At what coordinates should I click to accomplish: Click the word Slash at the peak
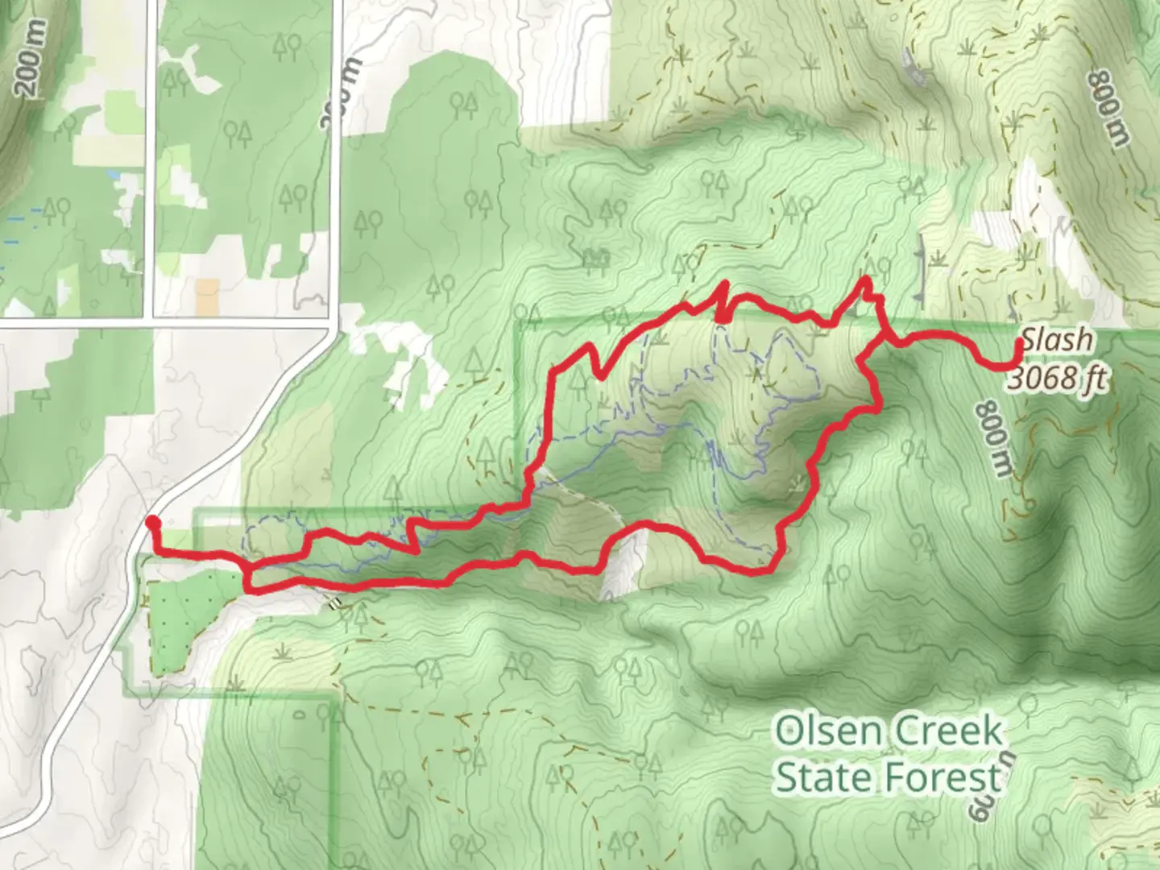click(x=1057, y=340)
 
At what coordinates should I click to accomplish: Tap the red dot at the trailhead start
click(x=151, y=524)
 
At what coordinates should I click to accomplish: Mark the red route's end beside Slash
click(x=1019, y=342)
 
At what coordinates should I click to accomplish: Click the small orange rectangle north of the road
click(x=207, y=296)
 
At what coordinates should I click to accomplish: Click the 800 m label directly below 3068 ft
click(x=993, y=439)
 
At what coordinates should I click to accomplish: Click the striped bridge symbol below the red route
click(x=333, y=600)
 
